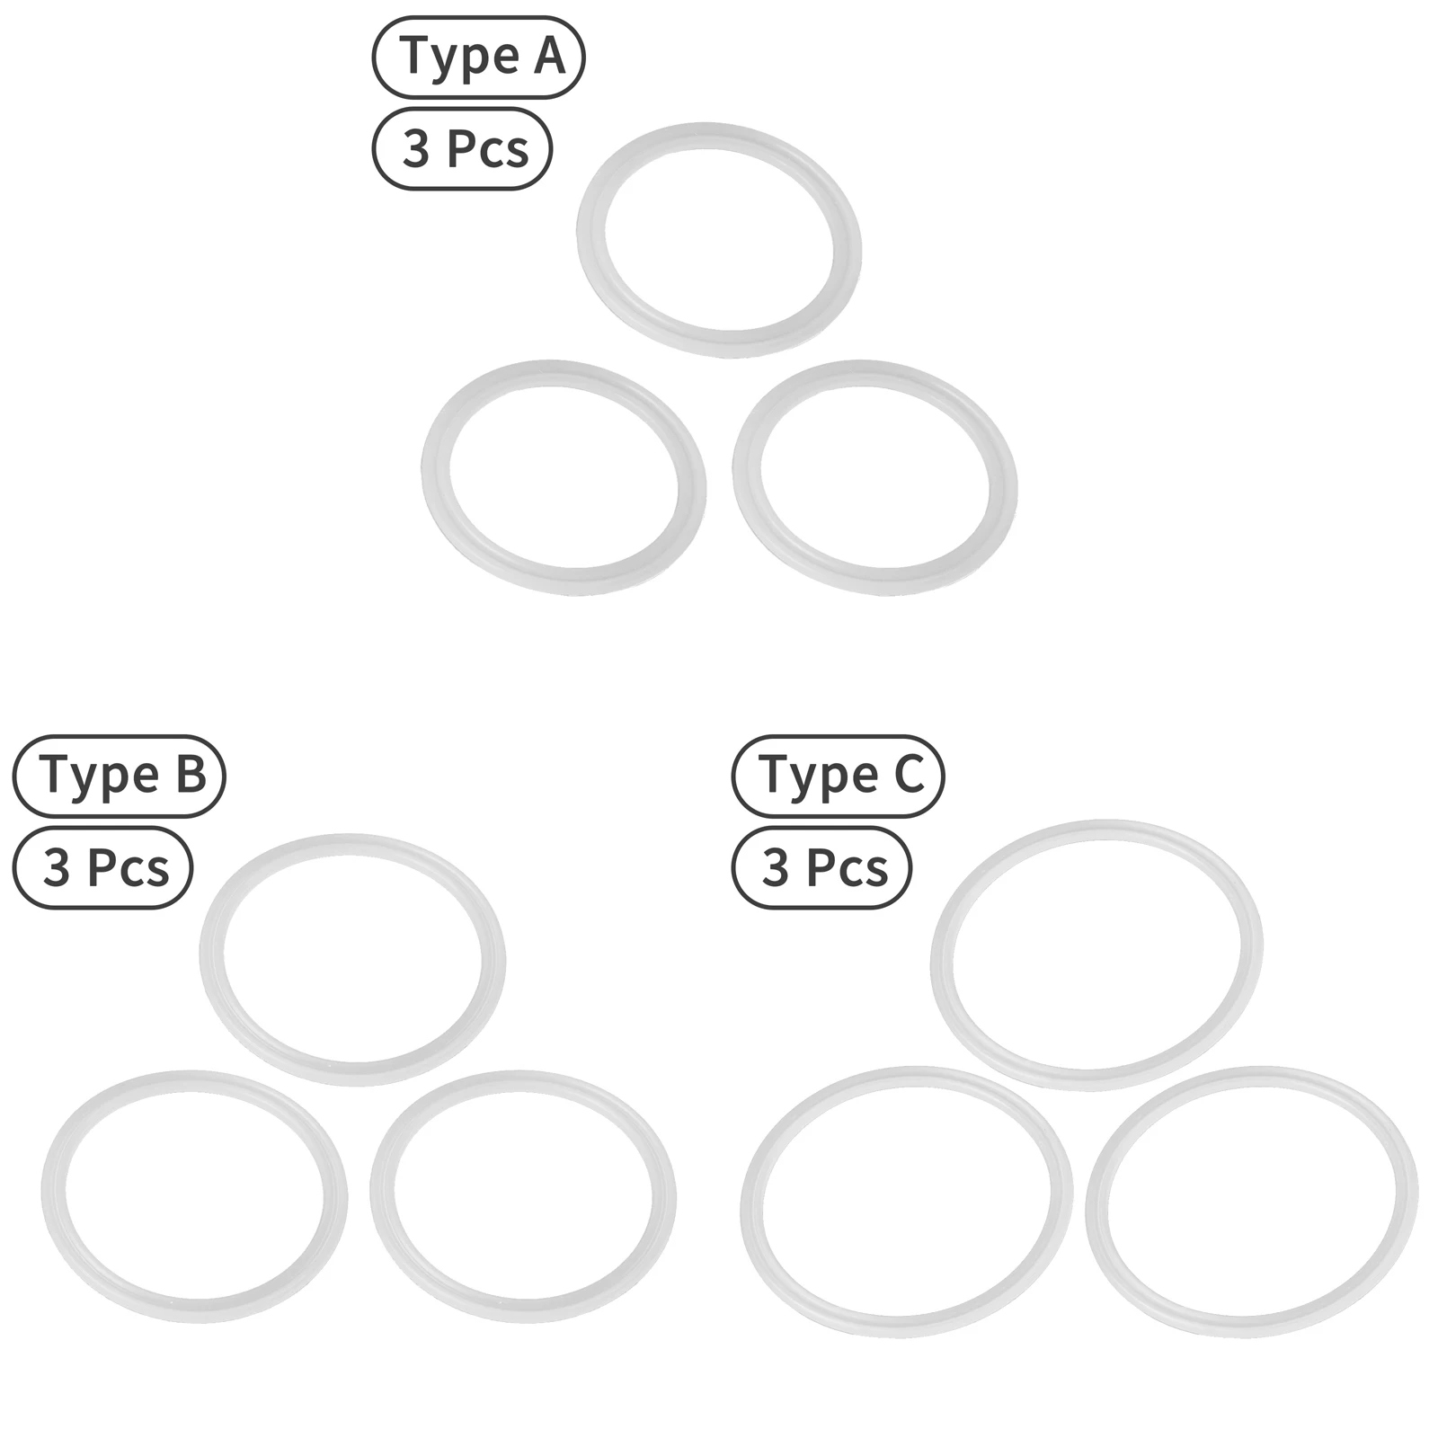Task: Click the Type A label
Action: tap(478, 57)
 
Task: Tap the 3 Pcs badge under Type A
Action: tap(462, 148)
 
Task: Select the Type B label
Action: tap(119, 776)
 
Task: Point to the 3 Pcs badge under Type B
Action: tap(103, 867)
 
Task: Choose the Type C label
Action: tap(838, 776)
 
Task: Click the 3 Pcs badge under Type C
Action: tap(822, 867)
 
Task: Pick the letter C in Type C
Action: tap(909, 775)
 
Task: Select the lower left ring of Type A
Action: tap(436, 476)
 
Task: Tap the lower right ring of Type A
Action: tap(747, 476)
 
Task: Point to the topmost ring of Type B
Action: tap(212, 960)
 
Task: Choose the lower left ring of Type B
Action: tap(54, 1195)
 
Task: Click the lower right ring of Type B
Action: tap(383, 1195)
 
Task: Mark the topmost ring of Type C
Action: tap(942, 954)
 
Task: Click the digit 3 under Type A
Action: tap(415, 149)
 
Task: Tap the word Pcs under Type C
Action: tap(847, 868)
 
